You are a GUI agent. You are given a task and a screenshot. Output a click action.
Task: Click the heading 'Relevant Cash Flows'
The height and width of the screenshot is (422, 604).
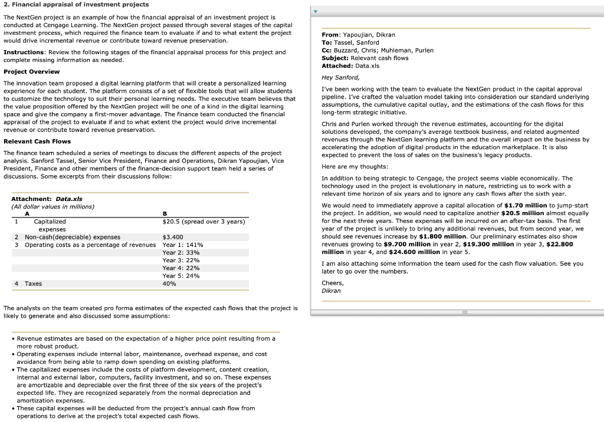tap(37, 141)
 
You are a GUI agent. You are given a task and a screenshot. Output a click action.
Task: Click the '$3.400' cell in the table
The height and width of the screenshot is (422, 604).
tap(172, 237)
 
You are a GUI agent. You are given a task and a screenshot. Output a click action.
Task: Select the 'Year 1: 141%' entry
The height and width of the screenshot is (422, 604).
tap(182, 245)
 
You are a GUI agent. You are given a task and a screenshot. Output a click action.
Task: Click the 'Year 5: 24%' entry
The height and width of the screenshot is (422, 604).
tap(180, 275)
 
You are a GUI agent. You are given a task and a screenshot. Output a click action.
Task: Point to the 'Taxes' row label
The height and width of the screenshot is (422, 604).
tap(33, 283)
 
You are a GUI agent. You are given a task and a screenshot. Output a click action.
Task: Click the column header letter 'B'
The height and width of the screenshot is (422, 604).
tap(165, 214)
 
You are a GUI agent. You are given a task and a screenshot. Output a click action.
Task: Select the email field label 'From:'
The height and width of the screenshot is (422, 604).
tap(331, 35)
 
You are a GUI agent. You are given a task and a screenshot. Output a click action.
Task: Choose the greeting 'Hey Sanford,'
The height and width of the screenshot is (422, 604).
tap(340, 77)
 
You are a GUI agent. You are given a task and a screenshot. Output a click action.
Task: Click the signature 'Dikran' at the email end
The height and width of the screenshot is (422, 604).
tap(331, 291)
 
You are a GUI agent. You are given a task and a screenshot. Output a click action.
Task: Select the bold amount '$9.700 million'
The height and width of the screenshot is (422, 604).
tap(408, 244)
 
